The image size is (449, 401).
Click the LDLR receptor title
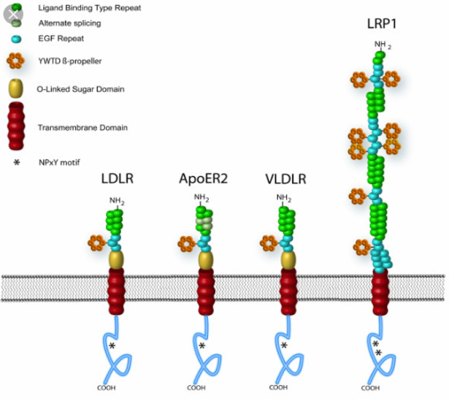coord(117,179)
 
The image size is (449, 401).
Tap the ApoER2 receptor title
coord(204,179)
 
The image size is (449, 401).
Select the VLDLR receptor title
coord(286,179)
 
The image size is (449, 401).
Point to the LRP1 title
coord(382,24)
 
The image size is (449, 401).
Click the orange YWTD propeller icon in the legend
coord(15,60)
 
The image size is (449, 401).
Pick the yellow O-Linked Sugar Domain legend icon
coord(16,88)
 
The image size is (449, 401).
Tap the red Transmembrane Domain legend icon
coord(16,126)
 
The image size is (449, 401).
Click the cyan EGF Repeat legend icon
coord(16,39)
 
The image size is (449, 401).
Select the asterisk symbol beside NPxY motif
coord(17,163)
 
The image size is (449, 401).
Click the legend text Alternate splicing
coord(70,23)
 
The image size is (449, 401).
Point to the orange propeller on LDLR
coord(97,243)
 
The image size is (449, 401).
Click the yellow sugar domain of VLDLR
coord(288,260)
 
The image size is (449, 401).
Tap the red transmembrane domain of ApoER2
coord(206,291)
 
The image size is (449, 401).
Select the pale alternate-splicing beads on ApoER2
coord(204,223)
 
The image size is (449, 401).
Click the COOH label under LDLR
coord(106,388)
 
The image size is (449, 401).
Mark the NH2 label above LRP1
coord(382,45)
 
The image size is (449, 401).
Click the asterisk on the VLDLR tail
coord(284,345)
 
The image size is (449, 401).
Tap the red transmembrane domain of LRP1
coord(380,291)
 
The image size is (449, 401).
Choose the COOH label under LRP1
coord(371,388)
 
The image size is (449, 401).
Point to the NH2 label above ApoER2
coord(202,198)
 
